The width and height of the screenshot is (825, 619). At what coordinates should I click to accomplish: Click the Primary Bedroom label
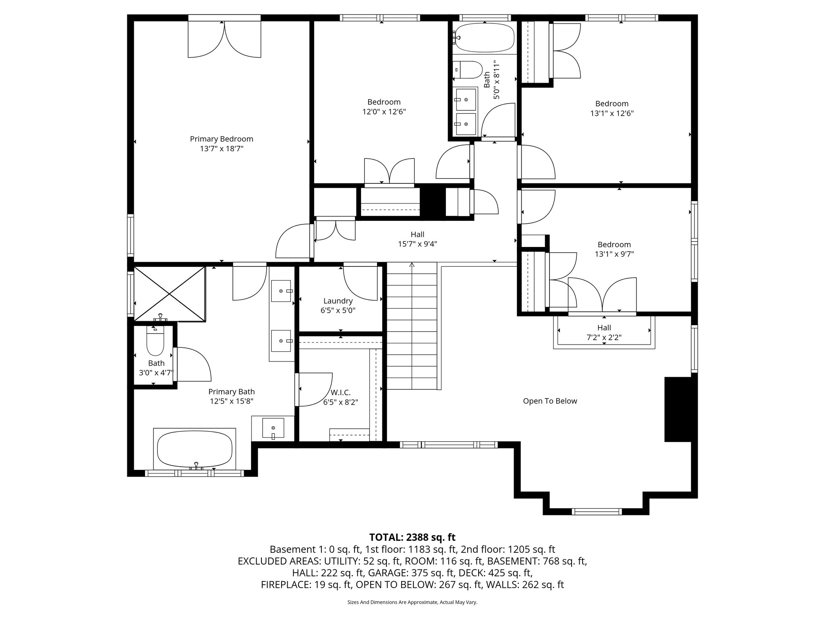222,139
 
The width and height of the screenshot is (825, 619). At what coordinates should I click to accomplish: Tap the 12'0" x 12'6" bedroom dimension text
384,112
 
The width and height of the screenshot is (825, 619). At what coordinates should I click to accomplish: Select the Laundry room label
338,301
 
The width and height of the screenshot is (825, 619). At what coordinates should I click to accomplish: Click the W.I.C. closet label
340,393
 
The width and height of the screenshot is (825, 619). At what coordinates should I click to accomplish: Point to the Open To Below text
550,401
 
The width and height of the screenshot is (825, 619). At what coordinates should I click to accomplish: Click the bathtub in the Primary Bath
195,448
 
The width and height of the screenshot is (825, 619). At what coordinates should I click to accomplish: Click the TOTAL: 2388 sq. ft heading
412,537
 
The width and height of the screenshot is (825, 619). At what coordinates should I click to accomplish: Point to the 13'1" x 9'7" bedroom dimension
614,254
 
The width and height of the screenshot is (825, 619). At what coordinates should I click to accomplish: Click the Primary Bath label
231,392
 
